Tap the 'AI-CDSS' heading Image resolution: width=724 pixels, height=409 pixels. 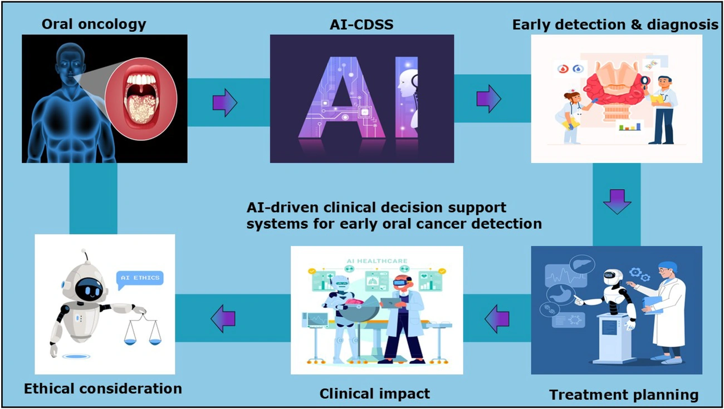(x=363, y=24)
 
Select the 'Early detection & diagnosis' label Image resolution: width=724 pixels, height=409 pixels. (x=615, y=24)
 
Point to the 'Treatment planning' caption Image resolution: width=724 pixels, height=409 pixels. (x=623, y=395)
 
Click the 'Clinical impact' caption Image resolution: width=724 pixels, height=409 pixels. (x=374, y=393)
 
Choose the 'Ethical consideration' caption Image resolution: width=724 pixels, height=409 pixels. (x=103, y=388)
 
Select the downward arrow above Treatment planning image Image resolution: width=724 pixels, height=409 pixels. (x=617, y=201)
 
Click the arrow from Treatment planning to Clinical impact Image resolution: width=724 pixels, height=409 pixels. (x=497, y=319)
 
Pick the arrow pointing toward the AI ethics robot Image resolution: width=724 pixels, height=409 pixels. (x=223, y=319)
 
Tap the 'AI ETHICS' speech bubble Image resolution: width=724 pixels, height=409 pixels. (x=140, y=278)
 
